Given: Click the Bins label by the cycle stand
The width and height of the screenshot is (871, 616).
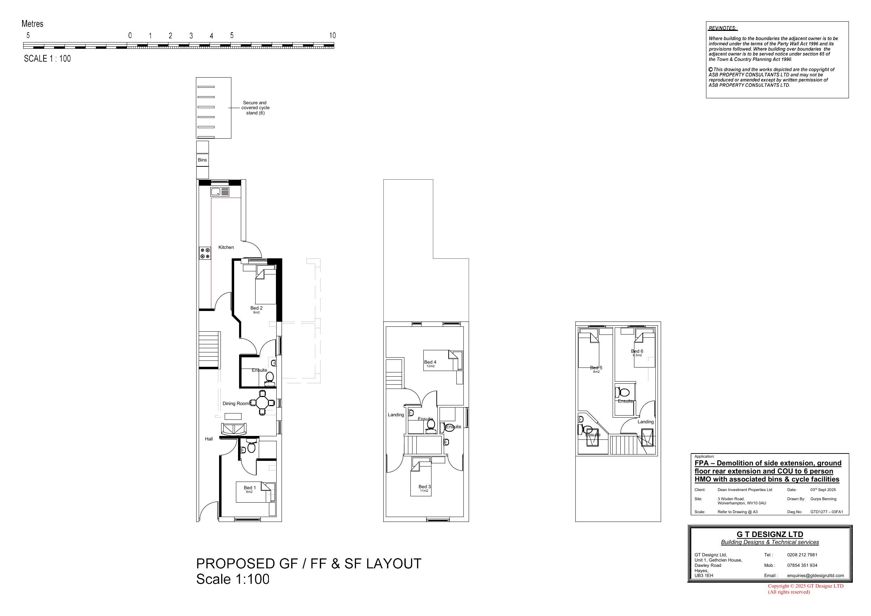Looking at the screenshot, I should pos(202,160).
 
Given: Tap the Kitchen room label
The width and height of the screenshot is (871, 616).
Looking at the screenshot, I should pos(226,247).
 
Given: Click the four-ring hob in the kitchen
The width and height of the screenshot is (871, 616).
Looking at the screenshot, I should pos(205,253).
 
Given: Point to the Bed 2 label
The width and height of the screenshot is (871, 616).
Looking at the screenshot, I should pos(256,308).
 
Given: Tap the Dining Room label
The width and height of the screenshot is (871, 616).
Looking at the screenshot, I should pos(236,404).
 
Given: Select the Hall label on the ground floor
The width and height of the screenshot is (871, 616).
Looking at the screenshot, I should pos(209,439).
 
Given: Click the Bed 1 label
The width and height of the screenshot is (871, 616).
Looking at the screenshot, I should pos(250,488).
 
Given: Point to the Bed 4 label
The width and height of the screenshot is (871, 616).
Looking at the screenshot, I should pos(430,362).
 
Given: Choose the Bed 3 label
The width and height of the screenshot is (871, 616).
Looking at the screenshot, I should pos(424,486).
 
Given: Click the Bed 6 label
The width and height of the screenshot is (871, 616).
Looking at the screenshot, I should pos(637,351).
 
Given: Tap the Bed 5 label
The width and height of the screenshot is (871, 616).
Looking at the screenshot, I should pos(596,367).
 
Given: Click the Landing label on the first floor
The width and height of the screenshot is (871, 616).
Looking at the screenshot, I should pos(396,415).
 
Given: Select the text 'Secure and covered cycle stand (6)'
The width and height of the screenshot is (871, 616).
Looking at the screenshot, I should pos(255,108).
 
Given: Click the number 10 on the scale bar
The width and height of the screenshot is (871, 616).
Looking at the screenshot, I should pos(332,36).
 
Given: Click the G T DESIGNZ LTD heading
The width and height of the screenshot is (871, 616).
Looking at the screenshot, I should pos(770,535).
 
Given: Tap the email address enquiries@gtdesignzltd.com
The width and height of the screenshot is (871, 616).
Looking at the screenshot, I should pos(815,575).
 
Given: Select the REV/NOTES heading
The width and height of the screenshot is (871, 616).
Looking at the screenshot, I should pos(722,28).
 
